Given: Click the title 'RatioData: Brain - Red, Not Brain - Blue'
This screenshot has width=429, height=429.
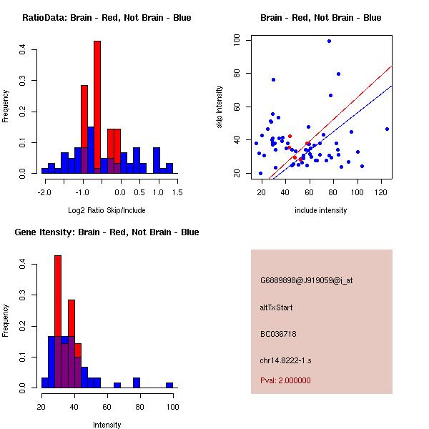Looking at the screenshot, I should click(107, 18).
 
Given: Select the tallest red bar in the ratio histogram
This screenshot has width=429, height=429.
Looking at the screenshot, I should click(97, 107).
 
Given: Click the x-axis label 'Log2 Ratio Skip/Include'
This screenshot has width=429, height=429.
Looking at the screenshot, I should click(107, 209).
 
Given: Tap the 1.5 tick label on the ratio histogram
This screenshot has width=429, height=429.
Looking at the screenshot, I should click(177, 192).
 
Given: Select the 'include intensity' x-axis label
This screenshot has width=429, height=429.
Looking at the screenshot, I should click(321, 210).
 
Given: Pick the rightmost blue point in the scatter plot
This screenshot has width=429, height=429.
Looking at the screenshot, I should click(387, 129).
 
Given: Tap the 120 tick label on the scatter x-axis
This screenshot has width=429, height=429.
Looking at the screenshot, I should click(381, 192).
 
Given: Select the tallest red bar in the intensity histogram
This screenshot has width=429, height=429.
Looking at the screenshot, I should click(58, 321).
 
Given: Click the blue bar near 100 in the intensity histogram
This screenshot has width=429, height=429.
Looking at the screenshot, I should click(169, 385).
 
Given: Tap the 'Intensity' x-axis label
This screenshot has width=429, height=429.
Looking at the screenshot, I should click(107, 424).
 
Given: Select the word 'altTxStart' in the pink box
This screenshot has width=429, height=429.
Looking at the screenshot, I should click(277, 307).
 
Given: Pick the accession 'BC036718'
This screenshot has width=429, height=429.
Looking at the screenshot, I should click(278, 334).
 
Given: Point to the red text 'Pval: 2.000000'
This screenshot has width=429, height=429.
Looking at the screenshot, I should click(285, 380).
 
